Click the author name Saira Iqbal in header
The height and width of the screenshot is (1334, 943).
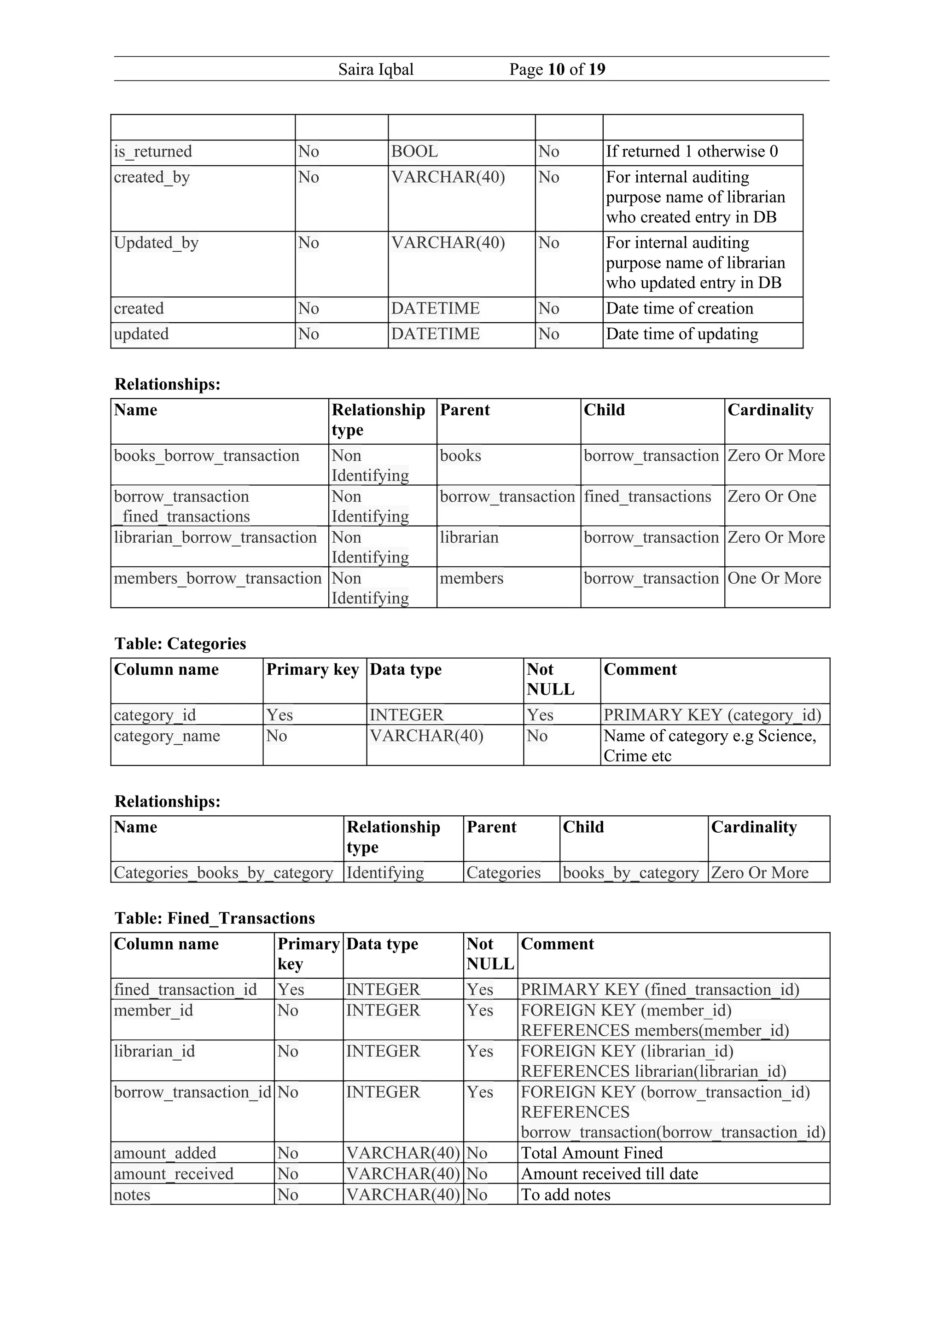(x=376, y=70)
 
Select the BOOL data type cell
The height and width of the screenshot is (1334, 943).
(x=414, y=151)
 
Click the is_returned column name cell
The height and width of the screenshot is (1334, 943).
(x=153, y=151)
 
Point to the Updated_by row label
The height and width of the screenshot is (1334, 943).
(x=156, y=243)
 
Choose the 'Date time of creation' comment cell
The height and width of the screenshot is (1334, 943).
(x=679, y=308)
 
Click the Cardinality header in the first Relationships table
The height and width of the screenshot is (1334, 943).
(x=770, y=410)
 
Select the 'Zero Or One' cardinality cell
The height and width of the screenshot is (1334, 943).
(x=772, y=497)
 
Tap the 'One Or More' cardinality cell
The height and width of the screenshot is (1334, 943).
(x=774, y=579)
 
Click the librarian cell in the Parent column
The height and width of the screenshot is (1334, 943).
(x=469, y=538)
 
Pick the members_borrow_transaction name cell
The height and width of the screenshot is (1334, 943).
(x=218, y=579)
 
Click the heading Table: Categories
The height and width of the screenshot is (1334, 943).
(x=180, y=644)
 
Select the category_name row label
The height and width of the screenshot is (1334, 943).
(x=167, y=736)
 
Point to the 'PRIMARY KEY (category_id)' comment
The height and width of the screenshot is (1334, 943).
(x=712, y=715)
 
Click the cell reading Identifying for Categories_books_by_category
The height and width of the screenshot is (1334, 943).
(x=385, y=873)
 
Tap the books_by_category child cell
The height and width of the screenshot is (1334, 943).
(x=630, y=873)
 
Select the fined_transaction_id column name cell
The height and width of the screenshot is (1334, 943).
(x=186, y=990)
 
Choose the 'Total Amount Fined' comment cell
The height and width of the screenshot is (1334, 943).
(x=592, y=1153)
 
